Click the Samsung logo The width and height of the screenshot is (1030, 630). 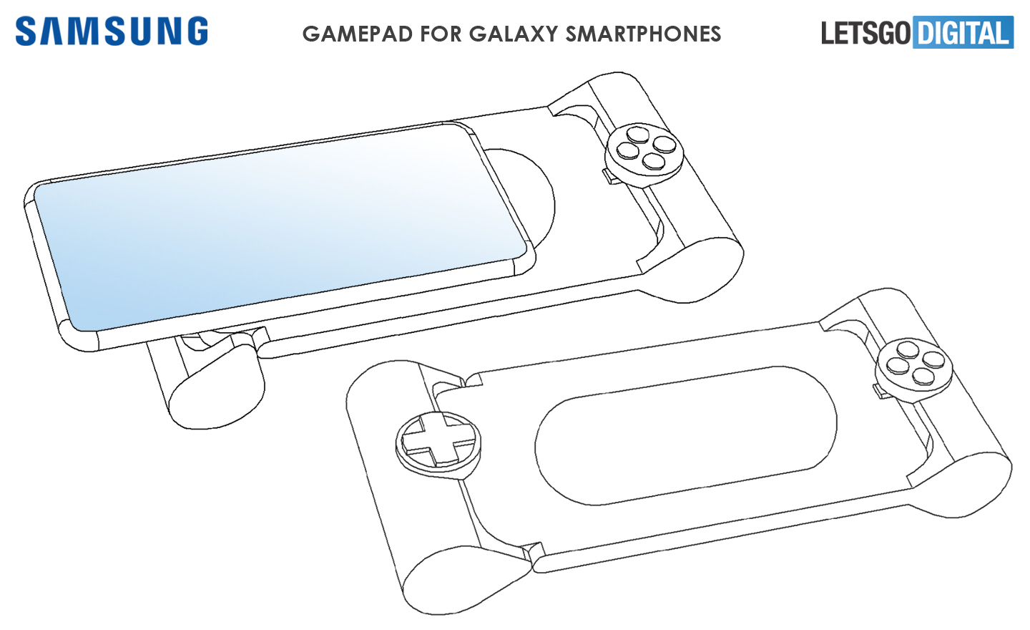(112, 31)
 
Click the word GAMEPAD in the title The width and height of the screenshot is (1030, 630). (357, 34)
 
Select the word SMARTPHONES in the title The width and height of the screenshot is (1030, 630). (643, 34)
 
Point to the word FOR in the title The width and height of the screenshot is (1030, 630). (441, 34)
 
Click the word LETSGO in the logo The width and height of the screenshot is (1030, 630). (865, 34)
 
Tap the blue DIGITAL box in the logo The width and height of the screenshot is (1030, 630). (963, 31)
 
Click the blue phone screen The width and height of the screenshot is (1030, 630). (280, 228)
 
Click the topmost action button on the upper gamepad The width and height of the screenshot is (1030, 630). (638, 134)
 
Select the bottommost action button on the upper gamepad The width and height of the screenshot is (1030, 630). (654, 161)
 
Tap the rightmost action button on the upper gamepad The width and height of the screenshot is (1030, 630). (664, 145)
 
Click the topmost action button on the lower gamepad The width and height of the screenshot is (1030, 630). (908, 350)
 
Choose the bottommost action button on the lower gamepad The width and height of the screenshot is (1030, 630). (923, 377)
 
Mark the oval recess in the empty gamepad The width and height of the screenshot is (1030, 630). (685, 435)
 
